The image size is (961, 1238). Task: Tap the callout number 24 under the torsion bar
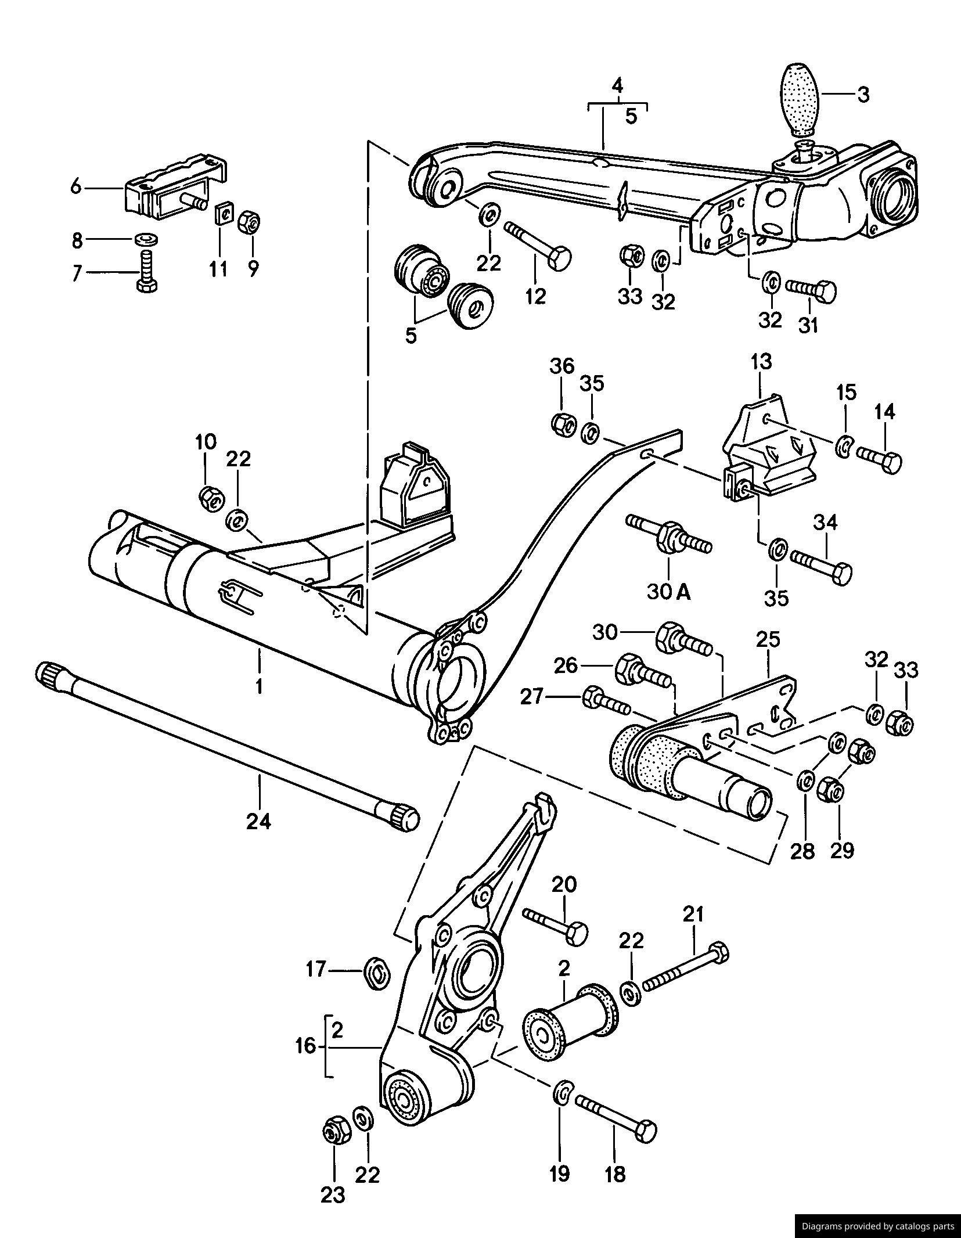tap(259, 822)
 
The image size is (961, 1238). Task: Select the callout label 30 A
tap(668, 592)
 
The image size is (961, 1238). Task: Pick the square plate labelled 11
tap(222, 213)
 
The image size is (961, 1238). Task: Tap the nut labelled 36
tap(562, 424)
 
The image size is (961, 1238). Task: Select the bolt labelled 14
tap(880, 460)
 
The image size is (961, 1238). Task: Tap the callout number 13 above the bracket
tap(761, 362)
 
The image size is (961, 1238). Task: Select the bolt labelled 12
tap(539, 244)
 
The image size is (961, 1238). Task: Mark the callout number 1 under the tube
tap(259, 687)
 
